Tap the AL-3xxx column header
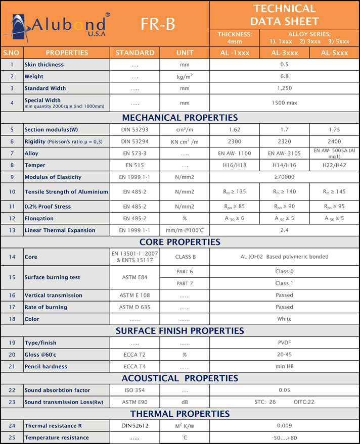click(284, 53)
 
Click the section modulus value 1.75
click(334, 130)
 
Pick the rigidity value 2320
click(284, 142)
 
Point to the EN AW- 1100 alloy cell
click(234, 153)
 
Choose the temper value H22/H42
click(334, 165)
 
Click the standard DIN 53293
click(134, 130)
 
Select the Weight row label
click(34, 77)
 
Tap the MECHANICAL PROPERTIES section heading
click(180, 118)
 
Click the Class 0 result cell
click(284, 271)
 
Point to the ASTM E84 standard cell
click(134, 277)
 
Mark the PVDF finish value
click(284, 342)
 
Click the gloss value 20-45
click(284, 355)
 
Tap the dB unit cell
click(185, 402)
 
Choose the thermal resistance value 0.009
click(284, 426)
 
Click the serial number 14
click(12, 257)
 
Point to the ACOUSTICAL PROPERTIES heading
click(180, 378)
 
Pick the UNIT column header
click(185, 53)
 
